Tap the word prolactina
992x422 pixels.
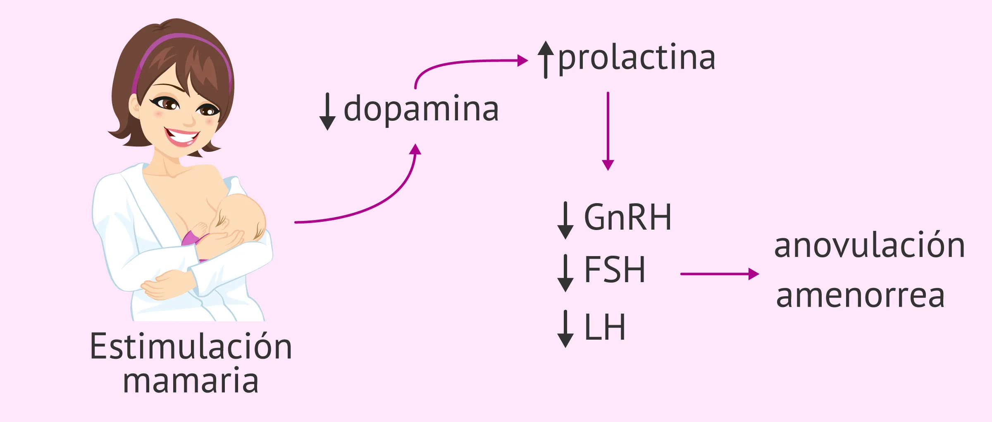tap(637, 58)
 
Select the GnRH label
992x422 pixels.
tap(627, 217)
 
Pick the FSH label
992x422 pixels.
tap(615, 270)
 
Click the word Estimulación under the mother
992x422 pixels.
tap(191, 346)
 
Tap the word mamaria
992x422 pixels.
tap(191, 381)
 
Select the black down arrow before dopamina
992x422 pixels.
tap(327, 112)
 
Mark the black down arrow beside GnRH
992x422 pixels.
tap(565, 220)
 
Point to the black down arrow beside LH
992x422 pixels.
tap(565, 329)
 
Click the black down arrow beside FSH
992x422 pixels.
tap(565, 273)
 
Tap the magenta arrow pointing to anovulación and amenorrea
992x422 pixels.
tap(719, 274)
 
